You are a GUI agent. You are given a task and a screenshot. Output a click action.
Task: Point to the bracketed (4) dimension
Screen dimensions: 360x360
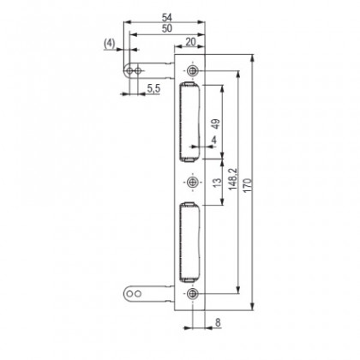[x=109, y=42]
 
